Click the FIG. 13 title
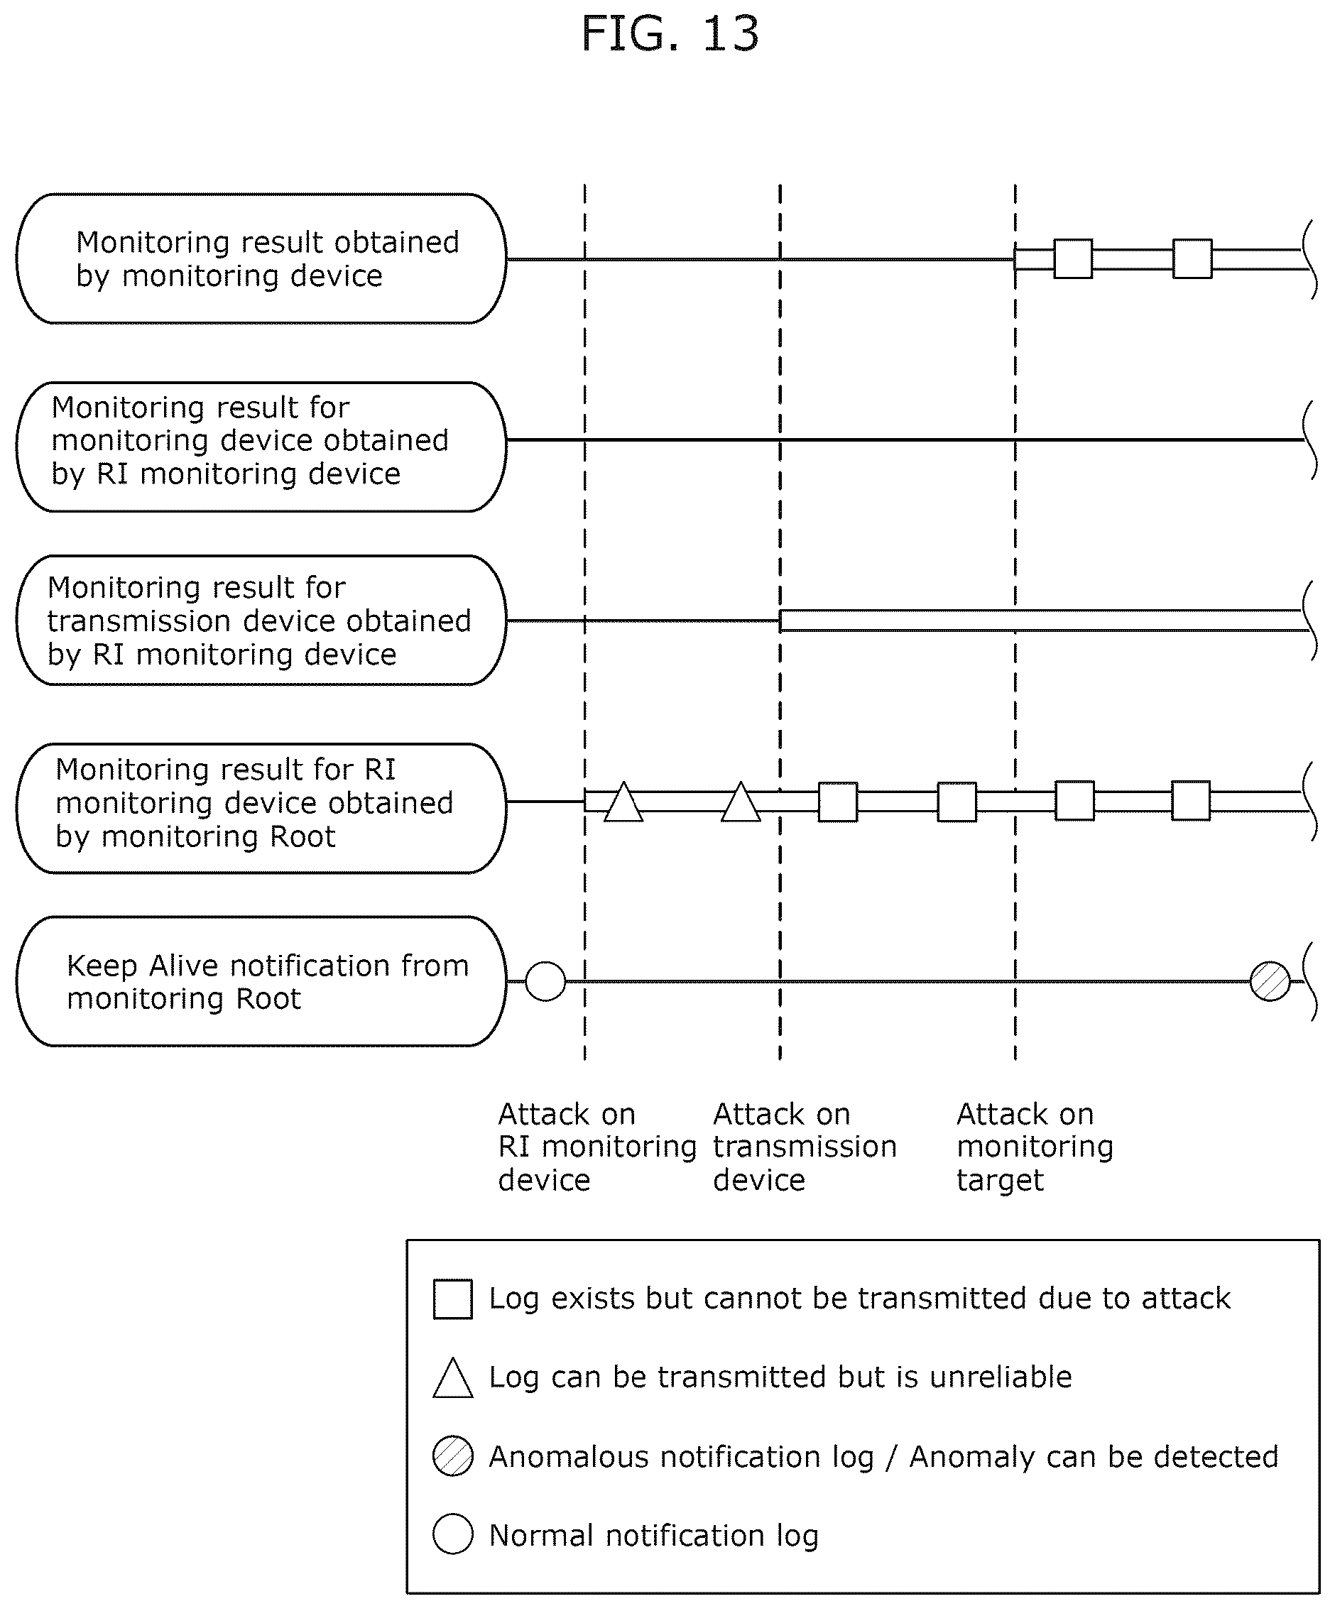tap(670, 34)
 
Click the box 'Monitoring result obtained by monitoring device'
tap(261, 258)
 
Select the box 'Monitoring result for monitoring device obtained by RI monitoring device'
tap(261, 447)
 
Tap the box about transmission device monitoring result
tap(261, 620)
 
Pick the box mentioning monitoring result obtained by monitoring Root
tap(261, 808)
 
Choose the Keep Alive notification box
tap(261, 981)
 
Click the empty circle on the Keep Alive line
tap(545, 981)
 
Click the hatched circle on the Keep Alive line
tap(1270, 981)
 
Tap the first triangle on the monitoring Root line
tap(623, 802)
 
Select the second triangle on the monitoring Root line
tap(741, 802)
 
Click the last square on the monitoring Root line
tap(1191, 801)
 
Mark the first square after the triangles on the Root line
tap(838, 802)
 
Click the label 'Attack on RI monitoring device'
tap(598, 1146)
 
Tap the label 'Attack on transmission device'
tap(805, 1146)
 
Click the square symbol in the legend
tap(452, 1299)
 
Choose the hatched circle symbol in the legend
tap(452, 1456)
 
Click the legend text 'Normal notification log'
tap(654, 1535)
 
